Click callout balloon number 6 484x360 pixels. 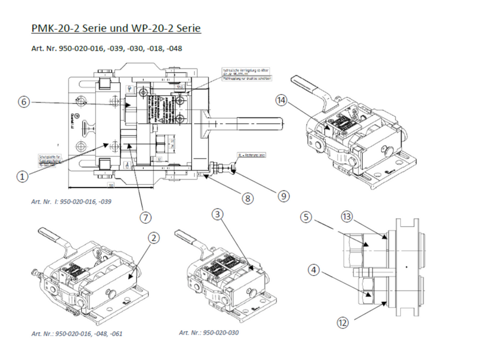[23, 102]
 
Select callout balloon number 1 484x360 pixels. [22, 176]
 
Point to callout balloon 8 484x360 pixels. [248, 198]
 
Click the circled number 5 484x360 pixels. [306, 218]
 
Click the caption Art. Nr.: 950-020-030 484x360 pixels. [209, 332]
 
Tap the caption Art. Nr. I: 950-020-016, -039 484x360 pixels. [71, 201]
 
